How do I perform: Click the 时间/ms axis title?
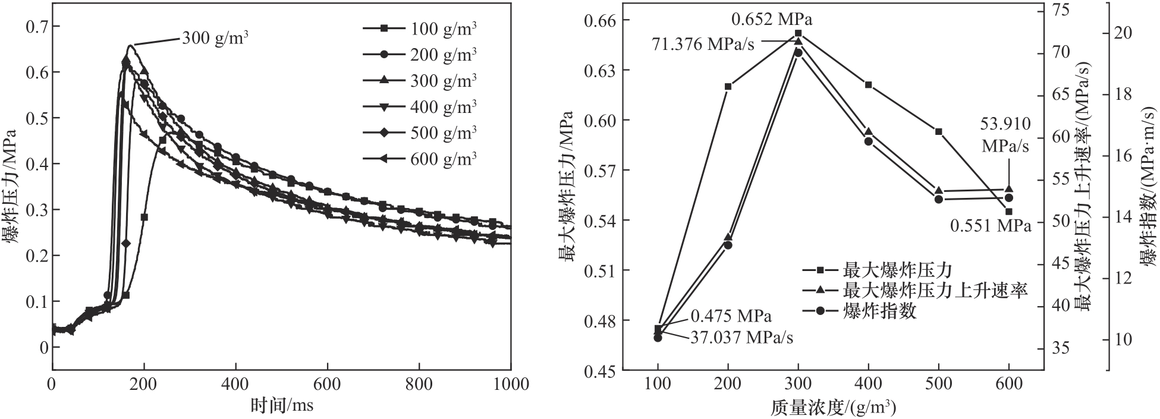[x=281, y=405]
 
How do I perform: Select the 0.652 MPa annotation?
[x=772, y=20]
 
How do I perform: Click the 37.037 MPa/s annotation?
[x=741, y=338]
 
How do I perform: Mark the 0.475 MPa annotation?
[x=731, y=316]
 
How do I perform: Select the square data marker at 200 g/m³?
[x=728, y=86]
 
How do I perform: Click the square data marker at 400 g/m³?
[x=868, y=84]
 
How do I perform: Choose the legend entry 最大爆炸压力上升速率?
[x=935, y=290]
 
